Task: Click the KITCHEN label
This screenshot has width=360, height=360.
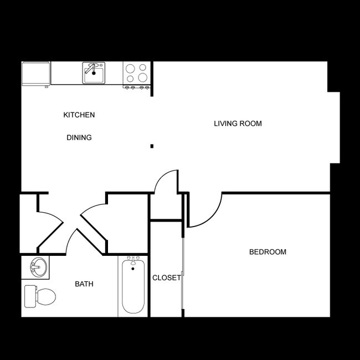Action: tap(79, 115)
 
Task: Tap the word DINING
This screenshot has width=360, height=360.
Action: tap(79, 137)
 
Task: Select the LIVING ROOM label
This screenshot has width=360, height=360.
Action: tap(238, 124)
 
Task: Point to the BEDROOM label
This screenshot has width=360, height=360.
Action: tap(268, 252)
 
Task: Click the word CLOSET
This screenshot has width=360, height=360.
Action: tap(166, 277)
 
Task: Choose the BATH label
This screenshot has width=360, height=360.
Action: tap(84, 284)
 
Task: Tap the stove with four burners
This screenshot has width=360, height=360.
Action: tap(136, 74)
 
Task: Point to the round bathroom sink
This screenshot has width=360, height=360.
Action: tap(36, 268)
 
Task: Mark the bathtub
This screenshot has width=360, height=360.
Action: tap(133, 286)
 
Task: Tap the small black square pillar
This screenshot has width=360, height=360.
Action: tap(152, 146)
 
